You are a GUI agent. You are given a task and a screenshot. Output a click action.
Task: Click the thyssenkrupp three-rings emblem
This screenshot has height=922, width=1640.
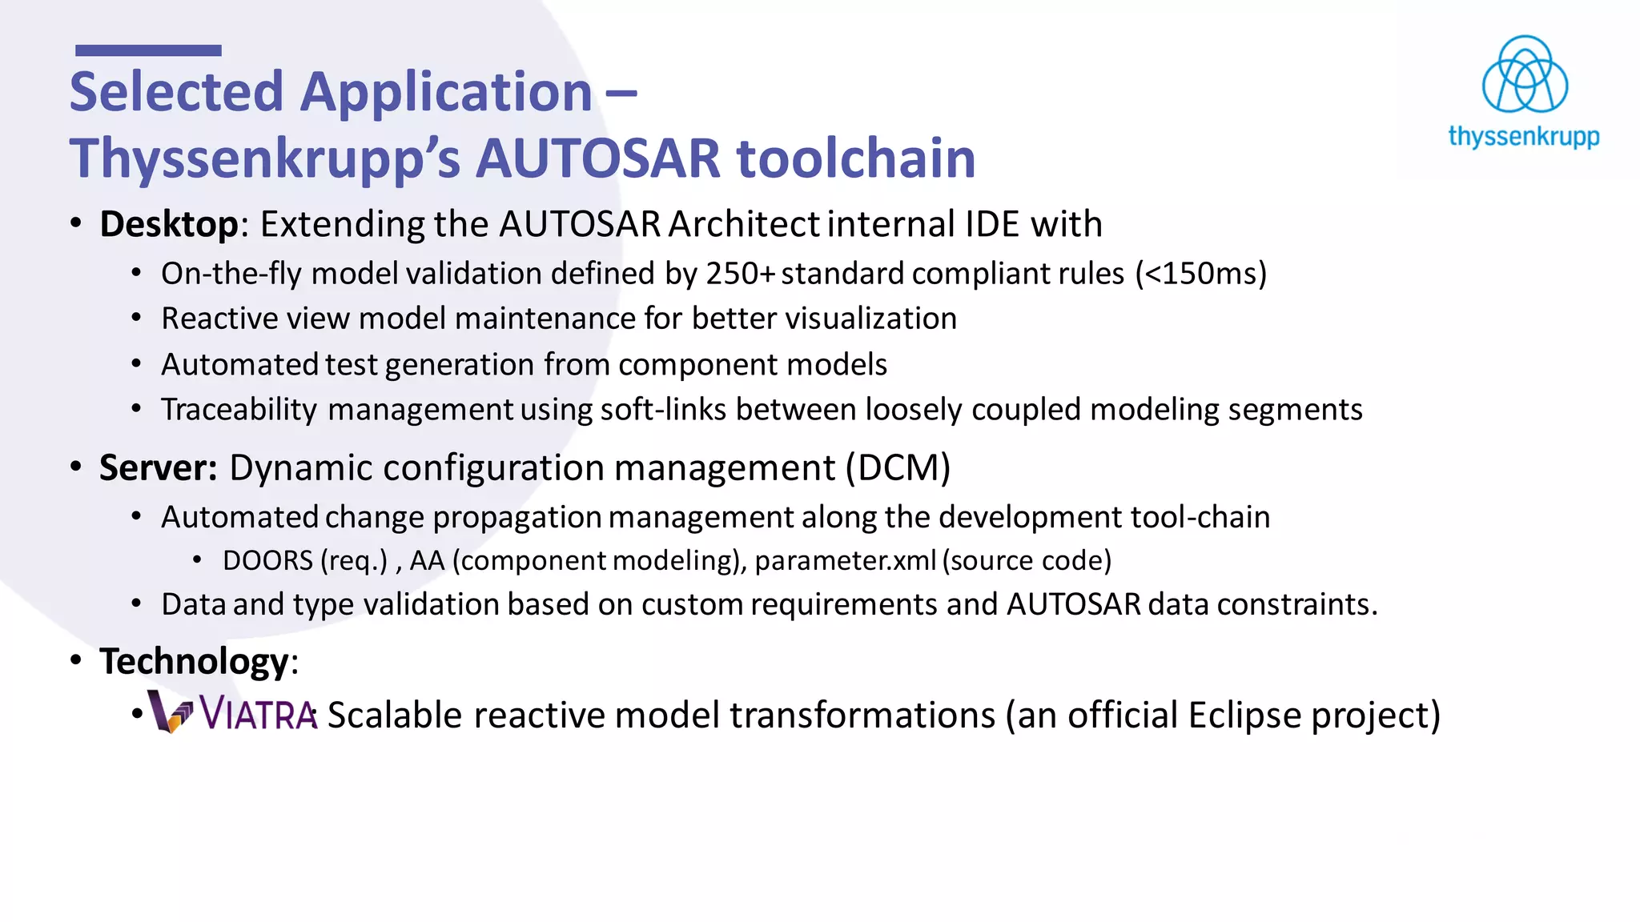[x=1524, y=74]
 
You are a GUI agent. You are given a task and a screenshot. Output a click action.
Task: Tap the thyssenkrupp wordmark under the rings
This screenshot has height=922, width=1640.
[x=1523, y=136]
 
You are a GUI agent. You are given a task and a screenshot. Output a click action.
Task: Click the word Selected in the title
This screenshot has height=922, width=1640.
[x=176, y=91]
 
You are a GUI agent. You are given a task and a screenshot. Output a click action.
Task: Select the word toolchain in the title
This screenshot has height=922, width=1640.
[x=855, y=158]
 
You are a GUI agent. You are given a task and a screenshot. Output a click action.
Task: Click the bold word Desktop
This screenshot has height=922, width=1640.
[x=169, y=224]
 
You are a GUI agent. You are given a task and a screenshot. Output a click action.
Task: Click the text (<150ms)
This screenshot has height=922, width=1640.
[x=1200, y=274]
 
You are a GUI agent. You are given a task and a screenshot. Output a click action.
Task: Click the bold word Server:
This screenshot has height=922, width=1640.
[x=158, y=467]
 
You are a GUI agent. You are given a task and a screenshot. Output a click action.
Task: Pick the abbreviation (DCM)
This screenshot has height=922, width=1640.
[x=898, y=467]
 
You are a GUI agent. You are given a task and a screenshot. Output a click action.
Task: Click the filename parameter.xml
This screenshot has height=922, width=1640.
[x=845, y=560]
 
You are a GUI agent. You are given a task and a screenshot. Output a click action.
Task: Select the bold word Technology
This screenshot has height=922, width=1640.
[x=194, y=662]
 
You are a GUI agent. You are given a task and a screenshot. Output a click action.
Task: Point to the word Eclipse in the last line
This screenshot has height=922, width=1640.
[x=1244, y=715]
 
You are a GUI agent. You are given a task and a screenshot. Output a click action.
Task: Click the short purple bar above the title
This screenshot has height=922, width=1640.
[x=148, y=50]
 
